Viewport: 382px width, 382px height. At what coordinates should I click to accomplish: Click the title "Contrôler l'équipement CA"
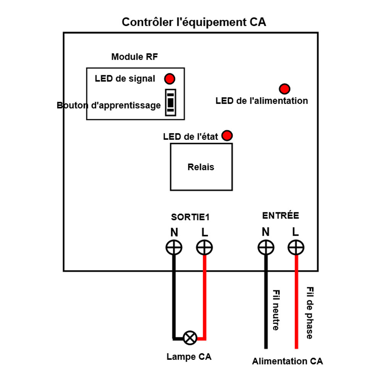194,22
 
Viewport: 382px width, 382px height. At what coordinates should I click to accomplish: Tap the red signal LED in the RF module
170,79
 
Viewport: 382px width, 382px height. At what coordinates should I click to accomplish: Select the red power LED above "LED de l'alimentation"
284,89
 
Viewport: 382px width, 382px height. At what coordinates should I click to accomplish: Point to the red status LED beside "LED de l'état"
227,136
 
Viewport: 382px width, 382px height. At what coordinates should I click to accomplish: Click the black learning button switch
170,102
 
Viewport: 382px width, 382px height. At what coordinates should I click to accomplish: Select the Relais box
201,167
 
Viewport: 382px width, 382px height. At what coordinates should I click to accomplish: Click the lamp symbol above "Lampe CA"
189,338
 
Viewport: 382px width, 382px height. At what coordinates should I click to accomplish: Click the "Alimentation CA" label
287,361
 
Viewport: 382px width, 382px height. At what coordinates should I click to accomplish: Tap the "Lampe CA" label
189,357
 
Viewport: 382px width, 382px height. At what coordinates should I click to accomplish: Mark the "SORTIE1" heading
190,217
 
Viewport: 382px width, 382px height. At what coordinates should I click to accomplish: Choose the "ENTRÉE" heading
280,215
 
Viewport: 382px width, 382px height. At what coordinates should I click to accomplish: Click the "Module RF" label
134,57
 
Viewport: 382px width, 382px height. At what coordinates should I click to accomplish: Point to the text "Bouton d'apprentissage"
109,105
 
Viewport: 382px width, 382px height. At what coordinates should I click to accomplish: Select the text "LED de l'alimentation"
262,101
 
